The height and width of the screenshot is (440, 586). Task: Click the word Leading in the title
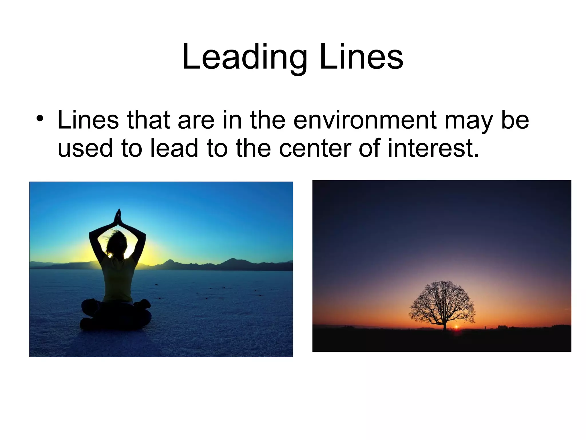coord(245,57)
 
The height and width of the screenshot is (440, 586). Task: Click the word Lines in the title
coord(361,57)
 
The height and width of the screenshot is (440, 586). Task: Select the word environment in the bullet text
coord(365,120)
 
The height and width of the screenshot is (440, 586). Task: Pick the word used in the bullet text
coord(85,148)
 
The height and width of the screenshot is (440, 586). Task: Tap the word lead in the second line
coord(174,148)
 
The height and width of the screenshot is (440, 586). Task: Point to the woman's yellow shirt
coord(118,278)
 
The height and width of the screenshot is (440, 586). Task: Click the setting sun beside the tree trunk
coord(456,327)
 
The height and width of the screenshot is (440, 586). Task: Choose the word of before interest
coord(369,148)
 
